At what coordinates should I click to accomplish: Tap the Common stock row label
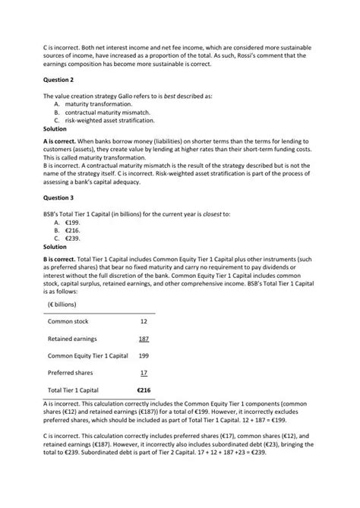click(68, 321)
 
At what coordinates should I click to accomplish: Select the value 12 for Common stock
click(144, 321)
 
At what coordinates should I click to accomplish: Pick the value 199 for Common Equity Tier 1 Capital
click(144, 355)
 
